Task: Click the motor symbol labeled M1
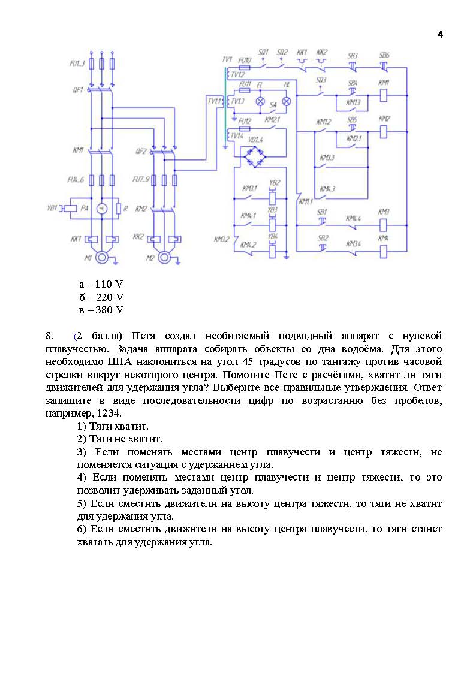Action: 103,258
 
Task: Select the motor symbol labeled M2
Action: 166,258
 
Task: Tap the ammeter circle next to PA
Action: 102,209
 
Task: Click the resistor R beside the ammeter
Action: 119,209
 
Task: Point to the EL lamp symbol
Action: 261,102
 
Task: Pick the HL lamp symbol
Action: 287,102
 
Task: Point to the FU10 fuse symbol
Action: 245,69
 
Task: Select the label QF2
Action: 141,152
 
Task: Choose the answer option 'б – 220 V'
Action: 101,297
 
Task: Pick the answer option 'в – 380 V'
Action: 101,310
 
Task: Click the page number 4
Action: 440,35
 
